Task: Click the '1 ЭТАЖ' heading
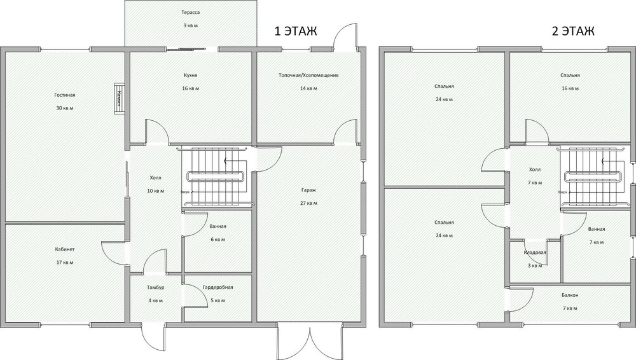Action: coord(294,32)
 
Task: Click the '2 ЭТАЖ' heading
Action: coord(573,32)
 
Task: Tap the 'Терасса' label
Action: coord(190,13)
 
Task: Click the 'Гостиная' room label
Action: coord(65,95)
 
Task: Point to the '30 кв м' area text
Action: coord(65,108)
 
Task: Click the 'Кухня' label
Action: coord(190,75)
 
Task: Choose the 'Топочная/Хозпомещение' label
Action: coord(308,75)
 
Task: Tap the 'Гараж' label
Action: coord(310,190)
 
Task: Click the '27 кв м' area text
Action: coord(310,204)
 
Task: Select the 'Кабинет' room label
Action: coord(65,250)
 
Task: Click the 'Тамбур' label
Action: coord(156,287)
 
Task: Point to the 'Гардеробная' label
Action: coord(218,287)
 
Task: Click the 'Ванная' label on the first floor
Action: coord(218,226)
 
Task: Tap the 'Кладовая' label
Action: coord(535,253)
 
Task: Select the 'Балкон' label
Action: coord(570,295)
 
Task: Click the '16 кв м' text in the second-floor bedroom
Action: coord(570,88)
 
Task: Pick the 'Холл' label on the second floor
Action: coord(535,170)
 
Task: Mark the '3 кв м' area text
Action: coord(535,265)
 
